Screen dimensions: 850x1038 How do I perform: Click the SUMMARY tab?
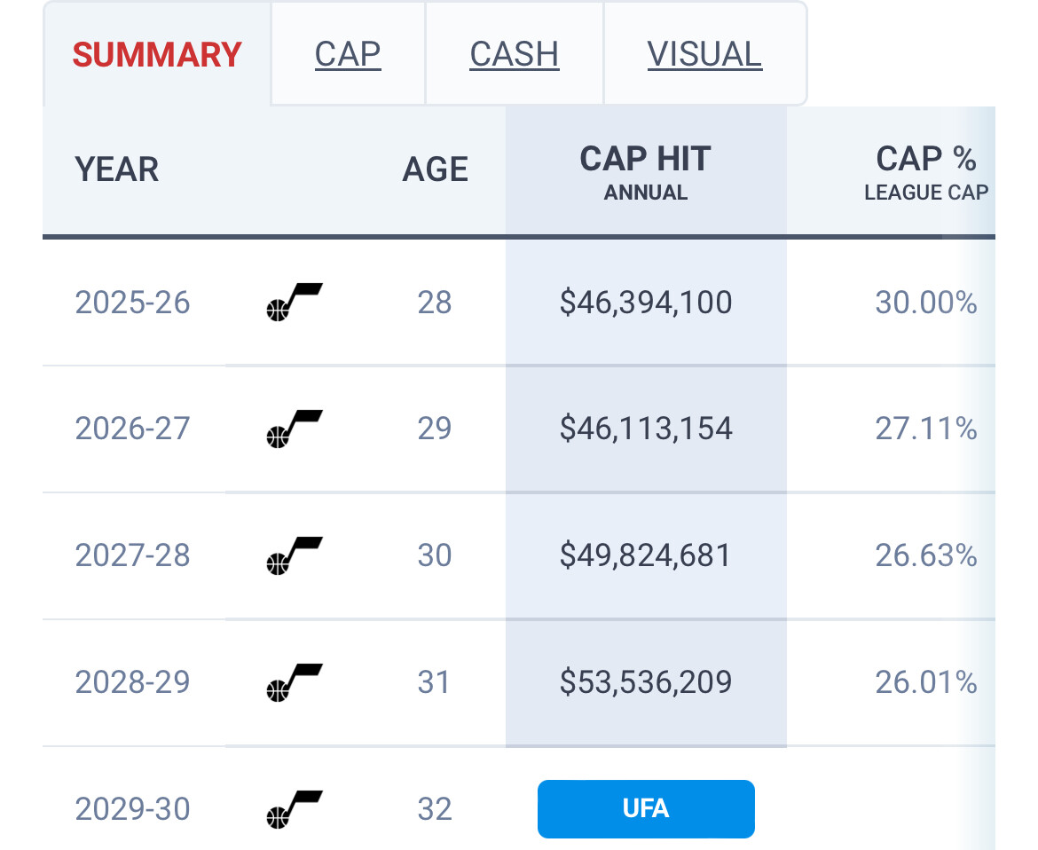157,55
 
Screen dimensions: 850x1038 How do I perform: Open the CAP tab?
348,55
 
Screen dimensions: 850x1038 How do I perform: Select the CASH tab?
515,55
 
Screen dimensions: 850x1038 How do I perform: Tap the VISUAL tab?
704,55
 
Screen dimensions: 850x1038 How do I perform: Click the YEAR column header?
117,169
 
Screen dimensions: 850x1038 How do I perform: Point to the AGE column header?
435,169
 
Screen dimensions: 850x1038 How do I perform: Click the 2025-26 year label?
133,303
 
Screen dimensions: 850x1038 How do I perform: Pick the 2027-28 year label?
133,555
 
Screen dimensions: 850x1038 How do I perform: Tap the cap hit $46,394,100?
646,303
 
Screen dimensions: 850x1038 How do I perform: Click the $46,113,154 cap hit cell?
646,429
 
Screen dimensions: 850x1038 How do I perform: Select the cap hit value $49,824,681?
646,555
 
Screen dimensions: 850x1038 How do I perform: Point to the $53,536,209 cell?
646,682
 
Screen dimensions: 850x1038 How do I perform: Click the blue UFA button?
646,809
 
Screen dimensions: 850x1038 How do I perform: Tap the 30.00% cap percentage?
925,303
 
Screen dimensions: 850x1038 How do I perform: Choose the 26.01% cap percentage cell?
925,682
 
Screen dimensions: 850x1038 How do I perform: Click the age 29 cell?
435,429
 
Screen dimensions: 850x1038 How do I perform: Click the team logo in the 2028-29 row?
294,682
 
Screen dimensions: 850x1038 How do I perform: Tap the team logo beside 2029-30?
294,809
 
